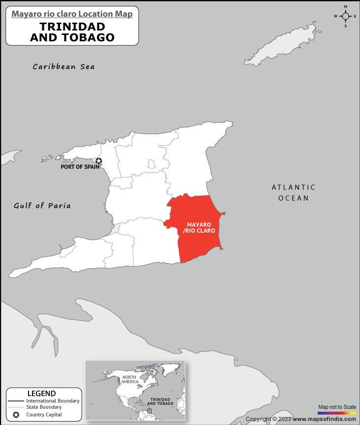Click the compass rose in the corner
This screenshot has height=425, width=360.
click(x=346, y=16)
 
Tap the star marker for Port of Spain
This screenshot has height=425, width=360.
click(x=99, y=161)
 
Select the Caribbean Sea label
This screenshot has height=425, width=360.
click(x=63, y=66)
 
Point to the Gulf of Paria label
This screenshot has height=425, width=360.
click(x=42, y=206)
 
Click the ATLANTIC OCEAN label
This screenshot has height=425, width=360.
click(x=293, y=192)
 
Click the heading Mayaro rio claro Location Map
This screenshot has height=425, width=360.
click(x=72, y=14)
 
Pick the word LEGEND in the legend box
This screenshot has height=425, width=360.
click(x=41, y=394)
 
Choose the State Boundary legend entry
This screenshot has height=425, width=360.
click(x=44, y=407)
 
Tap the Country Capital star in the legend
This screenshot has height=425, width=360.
click(x=16, y=416)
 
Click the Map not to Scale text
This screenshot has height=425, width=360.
click(x=337, y=407)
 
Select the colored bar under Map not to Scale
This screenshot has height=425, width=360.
click(x=336, y=413)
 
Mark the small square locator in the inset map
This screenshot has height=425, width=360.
click(x=150, y=410)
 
